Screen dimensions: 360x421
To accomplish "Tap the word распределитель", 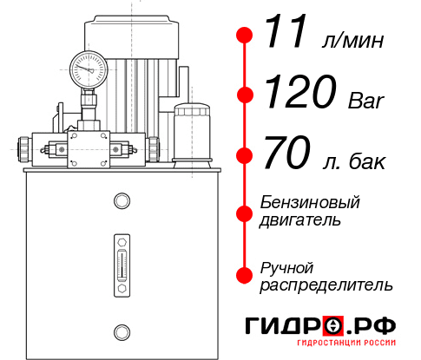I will pyautogui.click(x=326, y=285).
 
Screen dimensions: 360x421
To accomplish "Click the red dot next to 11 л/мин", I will pyautogui.click(x=245, y=36).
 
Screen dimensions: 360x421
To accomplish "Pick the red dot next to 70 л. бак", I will pyautogui.click(x=245, y=157).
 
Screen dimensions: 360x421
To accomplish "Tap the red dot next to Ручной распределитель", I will pyautogui.click(x=245, y=275).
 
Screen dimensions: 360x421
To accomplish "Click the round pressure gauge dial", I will pyautogui.click(x=87, y=68).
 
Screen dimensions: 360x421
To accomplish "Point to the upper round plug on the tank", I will pyautogui.click(x=122, y=201).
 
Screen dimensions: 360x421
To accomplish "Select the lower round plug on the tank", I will pyautogui.click(x=122, y=331).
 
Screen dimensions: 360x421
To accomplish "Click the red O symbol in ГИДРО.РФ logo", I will pyautogui.click(x=333, y=327).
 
